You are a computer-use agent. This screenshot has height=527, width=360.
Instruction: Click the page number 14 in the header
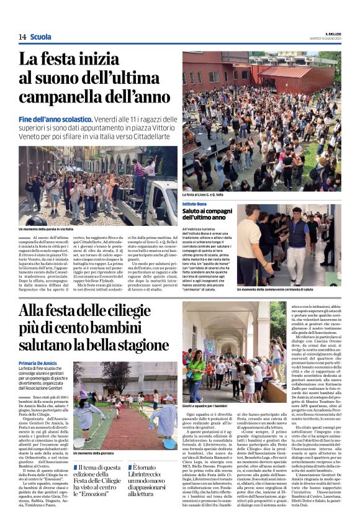[x=22, y=37]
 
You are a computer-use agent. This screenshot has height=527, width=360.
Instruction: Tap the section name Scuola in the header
[x=41, y=37]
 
